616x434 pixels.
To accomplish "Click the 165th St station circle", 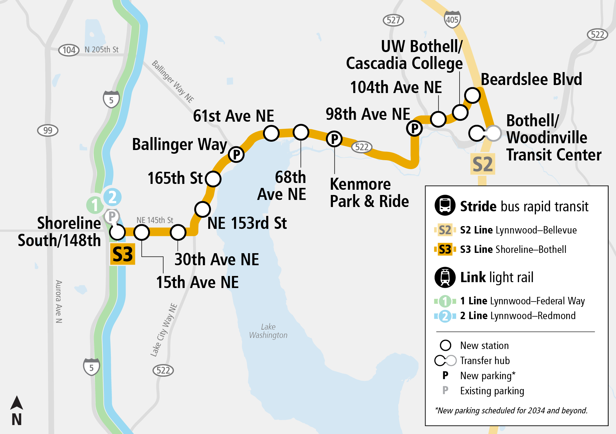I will pyautogui.click(x=213, y=179).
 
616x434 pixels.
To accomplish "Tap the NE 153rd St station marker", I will pyautogui.click(x=202, y=209).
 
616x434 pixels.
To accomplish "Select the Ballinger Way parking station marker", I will pyautogui.click(x=236, y=154).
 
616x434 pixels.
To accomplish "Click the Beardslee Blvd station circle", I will pyautogui.click(x=472, y=95).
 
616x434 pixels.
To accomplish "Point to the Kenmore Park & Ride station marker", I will pyautogui.click(x=334, y=139).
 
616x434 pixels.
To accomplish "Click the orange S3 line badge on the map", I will pyautogui.click(x=123, y=254).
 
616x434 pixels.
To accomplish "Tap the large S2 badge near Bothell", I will pyautogui.click(x=483, y=164).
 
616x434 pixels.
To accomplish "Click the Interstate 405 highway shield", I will pyautogui.click(x=452, y=19).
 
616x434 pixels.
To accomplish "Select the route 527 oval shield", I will pyautogui.click(x=393, y=20).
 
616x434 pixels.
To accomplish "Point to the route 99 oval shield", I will pyautogui.click(x=48, y=130).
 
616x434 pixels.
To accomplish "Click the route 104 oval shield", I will pyautogui.click(x=69, y=50).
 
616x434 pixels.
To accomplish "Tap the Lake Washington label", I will pyautogui.click(x=268, y=331).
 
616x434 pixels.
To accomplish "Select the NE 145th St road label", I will pyautogui.click(x=155, y=220).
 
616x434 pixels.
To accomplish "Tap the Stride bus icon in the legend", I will pyautogui.click(x=445, y=205).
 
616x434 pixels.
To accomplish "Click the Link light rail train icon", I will pyautogui.click(x=445, y=277).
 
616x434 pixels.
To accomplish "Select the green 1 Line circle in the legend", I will pyautogui.click(x=445, y=301).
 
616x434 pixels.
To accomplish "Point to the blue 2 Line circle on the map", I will pyautogui.click(x=112, y=197).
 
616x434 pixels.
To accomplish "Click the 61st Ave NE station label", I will pyautogui.click(x=233, y=116).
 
